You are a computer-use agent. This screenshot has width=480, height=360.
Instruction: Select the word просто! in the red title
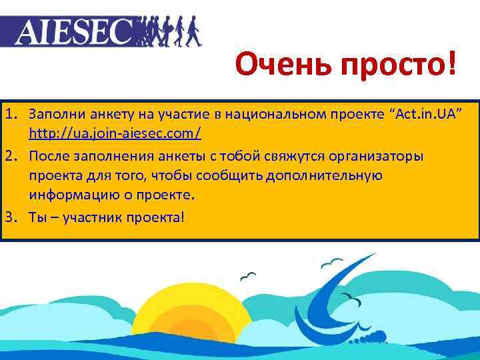coord(397,65)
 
